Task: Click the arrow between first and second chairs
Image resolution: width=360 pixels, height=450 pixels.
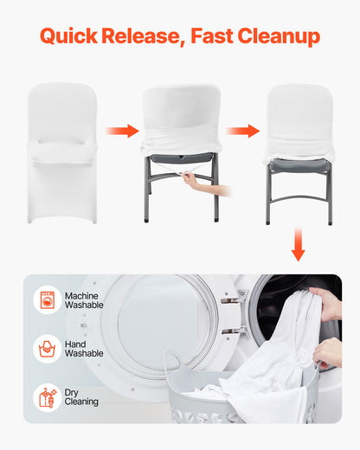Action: [x=122, y=132]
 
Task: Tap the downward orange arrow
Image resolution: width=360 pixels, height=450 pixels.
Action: [x=298, y=246]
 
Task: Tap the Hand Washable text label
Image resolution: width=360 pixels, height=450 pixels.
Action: [x=83, y=349]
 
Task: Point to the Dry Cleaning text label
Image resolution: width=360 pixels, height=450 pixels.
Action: [x=81, y=397]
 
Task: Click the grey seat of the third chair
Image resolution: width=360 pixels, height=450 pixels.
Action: [x=298, y=164]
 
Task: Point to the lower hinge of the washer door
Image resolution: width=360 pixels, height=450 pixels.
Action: [x=229, y=331]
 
